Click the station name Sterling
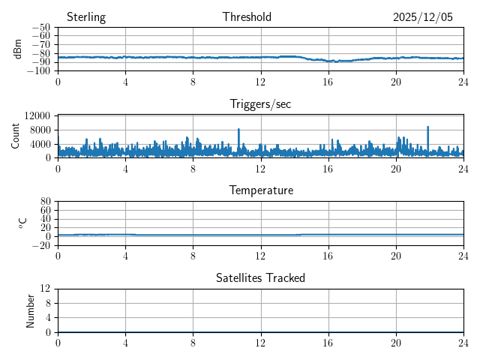(85, 17)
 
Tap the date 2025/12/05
(423, 17)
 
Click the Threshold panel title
(247, 17)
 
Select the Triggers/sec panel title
(260, 104)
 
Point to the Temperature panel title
(261, 190)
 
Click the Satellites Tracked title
(260, 277)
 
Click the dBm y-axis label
(18, 49)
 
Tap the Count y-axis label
(16, 136)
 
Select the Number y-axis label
(31, 310)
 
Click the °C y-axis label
(22, 223)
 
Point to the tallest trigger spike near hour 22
(428, 127)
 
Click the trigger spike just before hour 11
(238, 130)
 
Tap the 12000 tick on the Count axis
(37, 115)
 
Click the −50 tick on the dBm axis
(40, 28)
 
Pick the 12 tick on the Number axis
(45, 289)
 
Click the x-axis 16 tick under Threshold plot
(328, 81)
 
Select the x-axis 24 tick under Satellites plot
(463, 342)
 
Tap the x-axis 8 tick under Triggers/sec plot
(193, 168)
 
